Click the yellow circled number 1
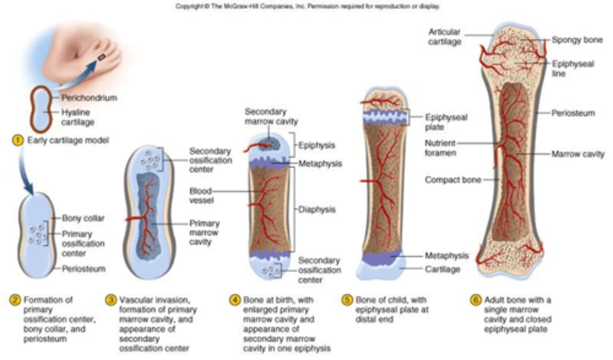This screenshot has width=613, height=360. tap(17, 140)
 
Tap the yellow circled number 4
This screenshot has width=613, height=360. tap(235, 300)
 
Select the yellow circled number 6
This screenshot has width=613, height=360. tap(476, 300)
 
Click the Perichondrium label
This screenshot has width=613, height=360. tap(89, 98)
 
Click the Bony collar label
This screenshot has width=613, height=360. tap(83, 218)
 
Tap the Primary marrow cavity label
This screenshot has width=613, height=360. tap(204, 232)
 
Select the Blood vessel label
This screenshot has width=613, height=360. tap(201, 195)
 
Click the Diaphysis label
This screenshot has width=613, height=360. tap(317, 209)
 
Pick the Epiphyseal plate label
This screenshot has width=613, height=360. tap(446, 122)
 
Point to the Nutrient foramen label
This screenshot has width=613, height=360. tap(440, 148)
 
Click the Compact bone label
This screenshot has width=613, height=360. tap(453, 180)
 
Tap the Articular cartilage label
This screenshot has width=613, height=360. tap(444, 37)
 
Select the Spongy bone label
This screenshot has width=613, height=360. tap(577, 40)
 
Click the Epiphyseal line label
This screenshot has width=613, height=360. tap(573, 69)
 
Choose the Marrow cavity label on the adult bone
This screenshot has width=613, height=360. tap(578, 154)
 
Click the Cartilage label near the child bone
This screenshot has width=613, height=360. tap(442, 269)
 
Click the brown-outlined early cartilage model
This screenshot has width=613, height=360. tap(41, 110)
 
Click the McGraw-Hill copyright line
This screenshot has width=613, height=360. tap(307, 6)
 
